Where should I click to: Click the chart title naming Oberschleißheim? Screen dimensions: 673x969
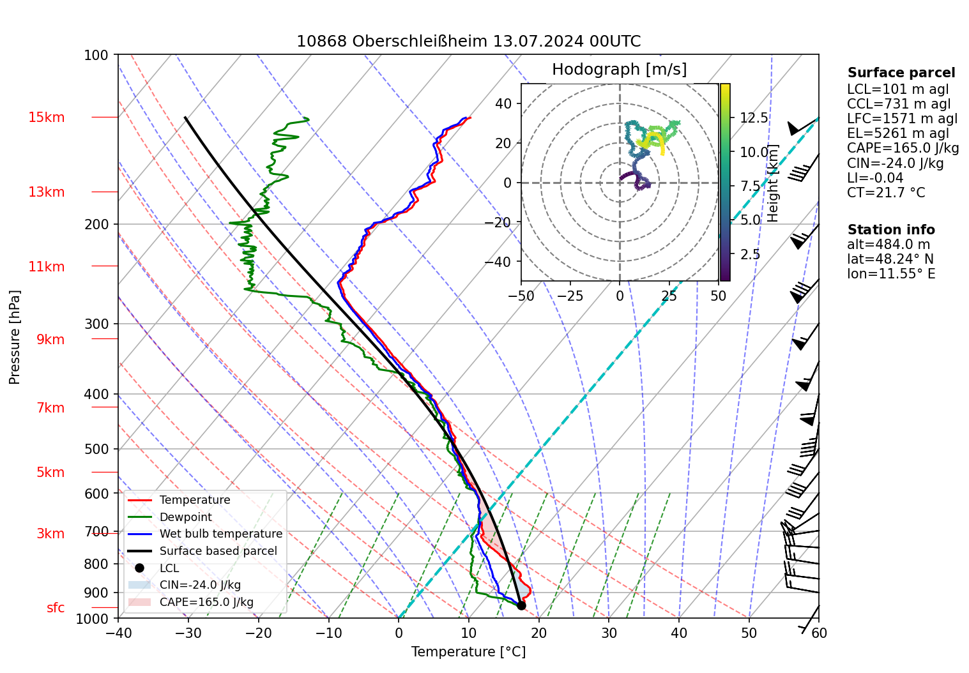[468, 42]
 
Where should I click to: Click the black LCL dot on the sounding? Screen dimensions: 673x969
[521, 605]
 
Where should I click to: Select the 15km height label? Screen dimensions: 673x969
[46, 117]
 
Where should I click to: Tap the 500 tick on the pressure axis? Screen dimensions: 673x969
[96, 449]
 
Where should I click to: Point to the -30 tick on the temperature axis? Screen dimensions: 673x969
[188, 633]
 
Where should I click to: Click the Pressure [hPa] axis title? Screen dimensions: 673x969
[15, 337]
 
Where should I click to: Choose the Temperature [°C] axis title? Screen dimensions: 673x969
[468, 651]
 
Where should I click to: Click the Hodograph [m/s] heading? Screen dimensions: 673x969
[619, 69]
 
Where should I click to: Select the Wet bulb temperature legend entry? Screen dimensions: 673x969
[220, 534]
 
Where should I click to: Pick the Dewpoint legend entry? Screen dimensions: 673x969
[185, 517]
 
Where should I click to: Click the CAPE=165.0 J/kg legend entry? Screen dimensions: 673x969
[206, 602]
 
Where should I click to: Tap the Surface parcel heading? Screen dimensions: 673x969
[901, 73]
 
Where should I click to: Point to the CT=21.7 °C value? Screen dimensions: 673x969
[885, 193]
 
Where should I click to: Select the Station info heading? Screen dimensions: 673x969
[890, 230]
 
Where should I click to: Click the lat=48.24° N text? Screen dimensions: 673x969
[890, 259]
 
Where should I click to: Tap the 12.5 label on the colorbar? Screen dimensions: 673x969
[754, 118]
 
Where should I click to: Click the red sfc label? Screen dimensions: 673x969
[56, 608]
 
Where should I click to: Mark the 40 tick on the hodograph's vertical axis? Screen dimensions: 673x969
[504, 103]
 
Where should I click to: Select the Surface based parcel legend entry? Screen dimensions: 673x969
[218, 551]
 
